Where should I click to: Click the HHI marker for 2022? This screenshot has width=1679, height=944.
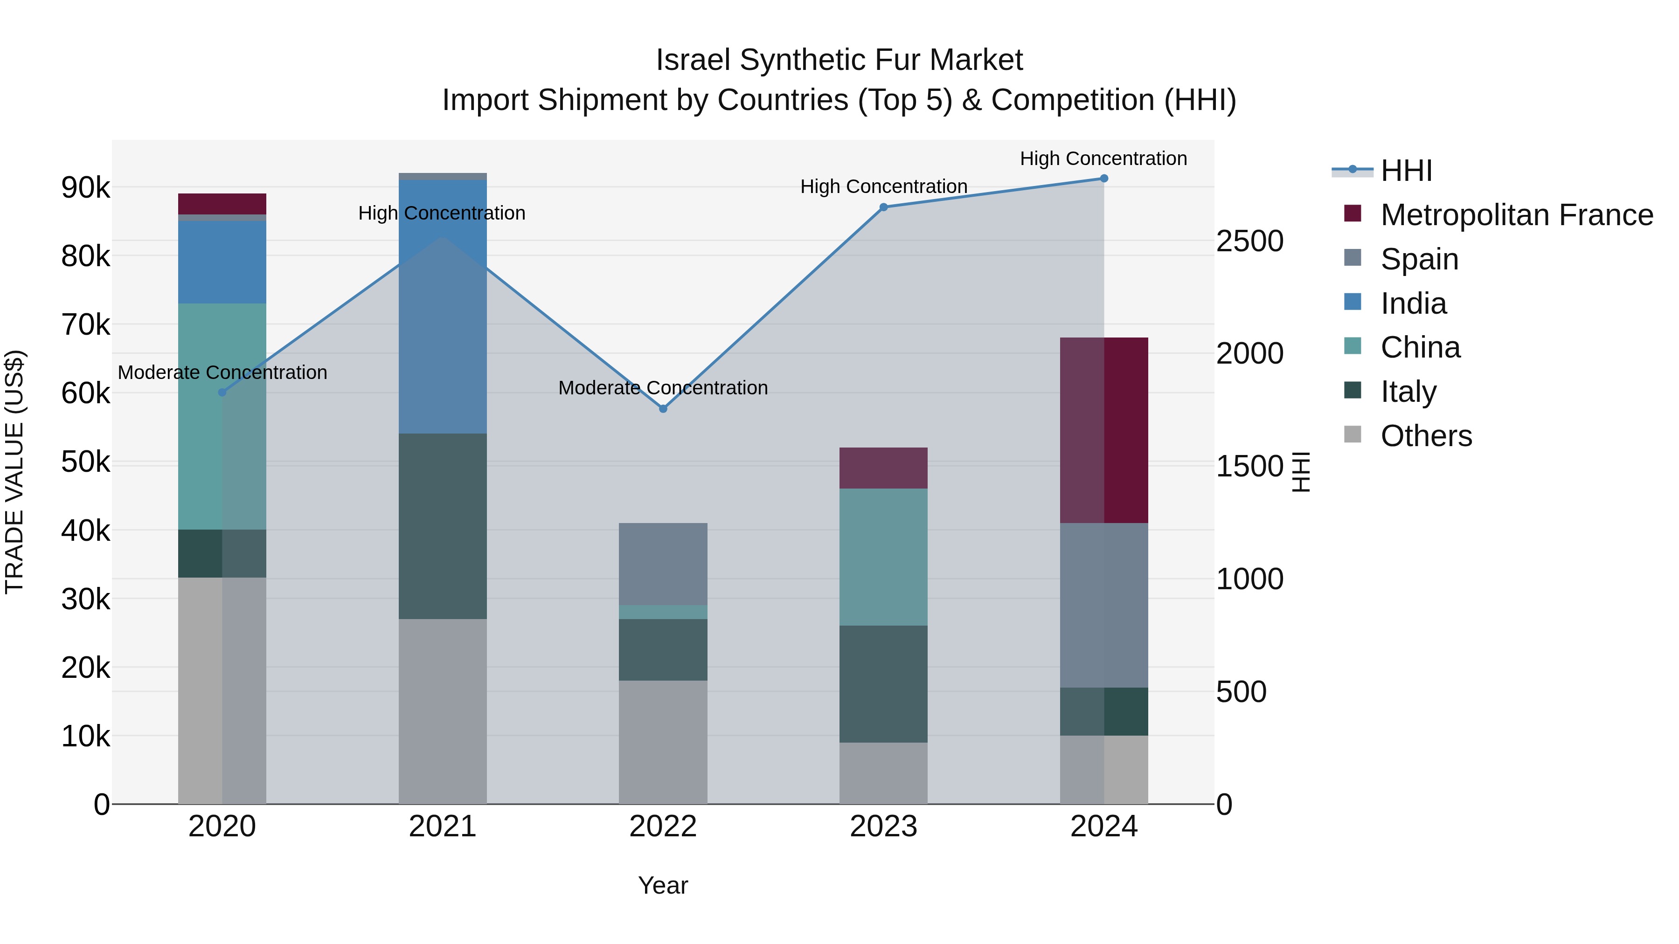(663, 408)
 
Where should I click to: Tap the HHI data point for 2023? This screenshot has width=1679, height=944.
(883, 207)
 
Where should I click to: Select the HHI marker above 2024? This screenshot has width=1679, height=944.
(1103, 179)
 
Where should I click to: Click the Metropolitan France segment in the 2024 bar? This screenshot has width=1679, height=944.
(1103, 430)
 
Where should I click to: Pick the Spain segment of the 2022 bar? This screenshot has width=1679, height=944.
(663, 564)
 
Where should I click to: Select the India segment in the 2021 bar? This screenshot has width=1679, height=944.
(443, 306)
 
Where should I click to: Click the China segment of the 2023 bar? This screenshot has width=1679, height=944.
(883, 557)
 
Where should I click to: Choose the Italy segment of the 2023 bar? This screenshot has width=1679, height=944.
(883, 683)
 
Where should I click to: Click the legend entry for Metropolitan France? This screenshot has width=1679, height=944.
(1516, 215)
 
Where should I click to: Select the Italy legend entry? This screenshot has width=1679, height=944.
(1408, 392)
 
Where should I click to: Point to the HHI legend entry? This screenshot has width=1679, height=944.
(1406, 171)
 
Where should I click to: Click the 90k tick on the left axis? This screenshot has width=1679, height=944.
(85, 187)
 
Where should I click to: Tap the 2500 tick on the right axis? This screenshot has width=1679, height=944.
(1249, 241)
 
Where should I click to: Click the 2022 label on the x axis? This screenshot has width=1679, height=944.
(663, 827)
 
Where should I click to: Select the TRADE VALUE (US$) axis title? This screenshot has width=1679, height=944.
(14, 472)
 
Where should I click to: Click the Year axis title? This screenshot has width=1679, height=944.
(663, 885)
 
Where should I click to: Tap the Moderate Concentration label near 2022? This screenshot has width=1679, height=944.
(663, 388)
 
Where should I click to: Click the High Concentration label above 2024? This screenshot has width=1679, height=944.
(1103, 158)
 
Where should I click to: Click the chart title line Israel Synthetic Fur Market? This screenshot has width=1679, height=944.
(839, 60)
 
